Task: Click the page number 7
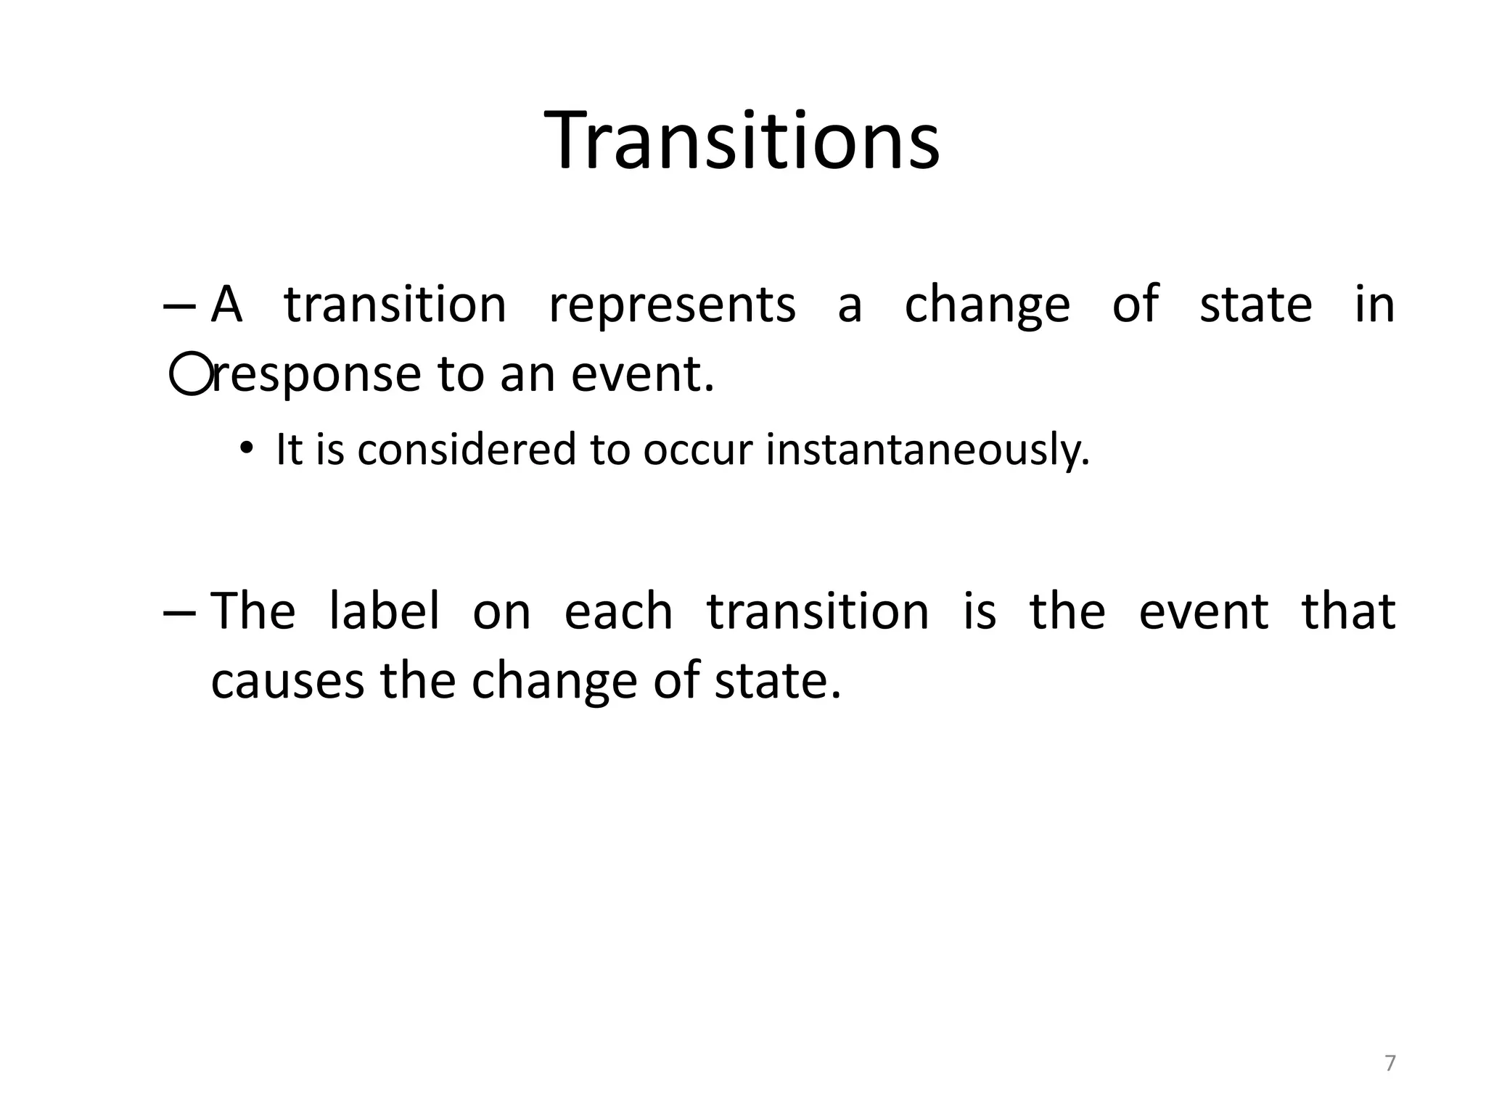tap(1389, 1063)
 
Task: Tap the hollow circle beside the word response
tap(191, 374)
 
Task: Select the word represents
tap(672, 305)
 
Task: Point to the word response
tap(316, 376)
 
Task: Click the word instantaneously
tap(928, 450)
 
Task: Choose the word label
tap(384, 611)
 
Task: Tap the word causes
tap(287, 681)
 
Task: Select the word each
tap(618, 611)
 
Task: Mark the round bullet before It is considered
tap(247, 448)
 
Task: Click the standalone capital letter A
tap(226, 305)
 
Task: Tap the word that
tap(1348, 611)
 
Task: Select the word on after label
tap(501, 612)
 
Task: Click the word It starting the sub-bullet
tap(289, 449)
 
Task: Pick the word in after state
tap(1374, 305)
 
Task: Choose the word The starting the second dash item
tap(253, 611)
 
